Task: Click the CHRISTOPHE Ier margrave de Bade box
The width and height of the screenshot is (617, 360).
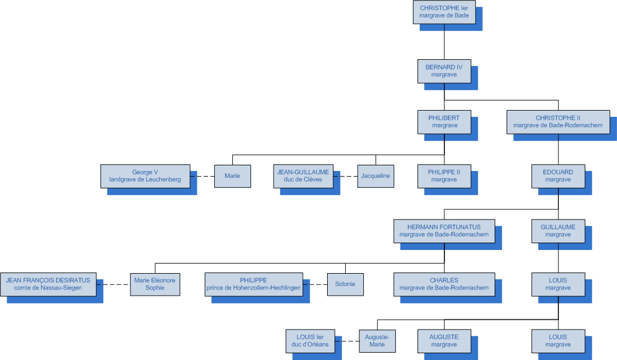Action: tap(444, 12)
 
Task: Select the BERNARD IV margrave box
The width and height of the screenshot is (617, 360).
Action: tap(444, 71)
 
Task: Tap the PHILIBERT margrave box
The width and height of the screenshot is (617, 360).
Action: tap(444, 122)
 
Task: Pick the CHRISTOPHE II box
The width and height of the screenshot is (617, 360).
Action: tap(558, 122)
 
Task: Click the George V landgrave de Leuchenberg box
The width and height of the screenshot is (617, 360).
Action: tap(145, 175)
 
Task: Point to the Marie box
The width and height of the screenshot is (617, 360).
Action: tap(232, 175)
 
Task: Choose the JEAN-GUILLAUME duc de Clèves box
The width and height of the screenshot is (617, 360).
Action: tap(303, 175)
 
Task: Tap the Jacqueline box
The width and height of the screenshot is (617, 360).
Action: tap(376, 175)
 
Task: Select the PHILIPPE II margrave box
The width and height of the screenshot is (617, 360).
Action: tap(444, 175)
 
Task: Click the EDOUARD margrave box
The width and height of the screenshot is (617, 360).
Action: tap(558, 175)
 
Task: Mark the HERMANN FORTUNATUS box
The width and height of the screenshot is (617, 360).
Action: tap(444, 231)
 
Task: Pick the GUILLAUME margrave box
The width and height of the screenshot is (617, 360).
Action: tap(558, 231)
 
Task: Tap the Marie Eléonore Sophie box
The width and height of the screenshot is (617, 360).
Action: tap(155, 284)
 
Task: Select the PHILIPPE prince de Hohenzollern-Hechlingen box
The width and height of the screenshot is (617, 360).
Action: tap(253, 284)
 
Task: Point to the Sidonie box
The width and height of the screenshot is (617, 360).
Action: tap(345, 284)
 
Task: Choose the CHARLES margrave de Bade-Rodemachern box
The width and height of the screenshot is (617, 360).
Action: tap(444, 284)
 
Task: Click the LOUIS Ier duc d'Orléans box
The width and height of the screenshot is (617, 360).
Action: tap(310, 341)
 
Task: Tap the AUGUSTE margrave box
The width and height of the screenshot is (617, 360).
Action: tap(444, 341)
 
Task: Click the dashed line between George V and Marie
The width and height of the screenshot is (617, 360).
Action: tap(202, 176)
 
